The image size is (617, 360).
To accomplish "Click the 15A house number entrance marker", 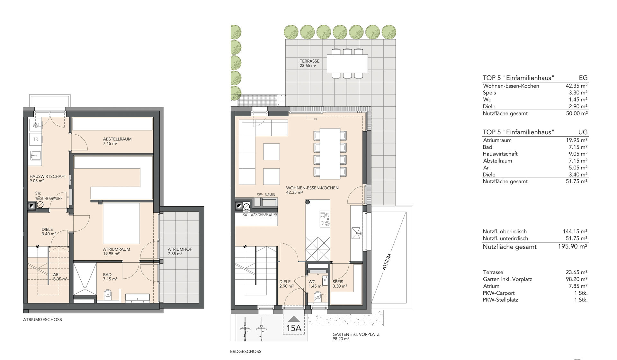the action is (293, 325).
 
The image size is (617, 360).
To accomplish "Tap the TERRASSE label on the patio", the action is (309, 61).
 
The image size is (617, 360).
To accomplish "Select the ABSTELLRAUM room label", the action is (117, 139).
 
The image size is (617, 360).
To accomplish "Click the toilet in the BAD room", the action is (108, 293).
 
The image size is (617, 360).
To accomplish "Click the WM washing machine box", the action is (36, 125).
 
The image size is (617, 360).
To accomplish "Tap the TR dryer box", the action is (36, 139).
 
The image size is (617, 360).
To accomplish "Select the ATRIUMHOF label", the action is (180, 249).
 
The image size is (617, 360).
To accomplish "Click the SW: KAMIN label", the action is (266, 195).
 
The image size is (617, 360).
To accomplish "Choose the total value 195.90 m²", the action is (573, 247).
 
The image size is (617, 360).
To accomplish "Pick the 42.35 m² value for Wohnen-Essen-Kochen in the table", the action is (577, 86).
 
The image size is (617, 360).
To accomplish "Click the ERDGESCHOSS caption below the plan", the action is (246, 351).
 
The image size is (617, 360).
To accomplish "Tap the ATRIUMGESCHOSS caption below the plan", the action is (42, 319).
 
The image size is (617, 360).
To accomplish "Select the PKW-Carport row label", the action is (498, 293).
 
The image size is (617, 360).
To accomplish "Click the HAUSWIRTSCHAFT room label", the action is (48, 176).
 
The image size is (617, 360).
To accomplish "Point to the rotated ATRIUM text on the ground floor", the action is (387, 262).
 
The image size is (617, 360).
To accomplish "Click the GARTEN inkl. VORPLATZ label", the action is (356, 334).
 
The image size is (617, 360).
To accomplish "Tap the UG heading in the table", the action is (583, 132).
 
